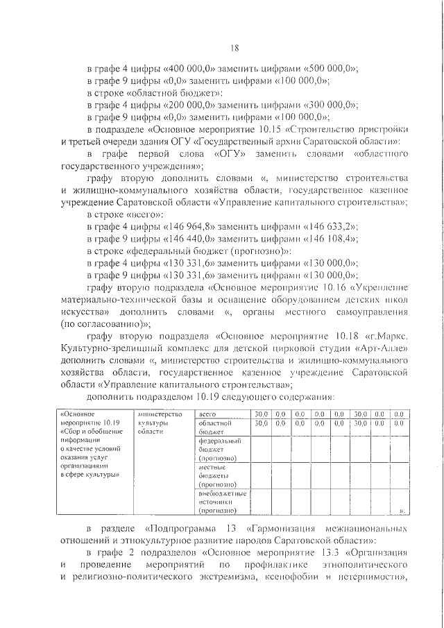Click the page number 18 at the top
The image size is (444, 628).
234,48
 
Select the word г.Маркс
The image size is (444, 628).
391,335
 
